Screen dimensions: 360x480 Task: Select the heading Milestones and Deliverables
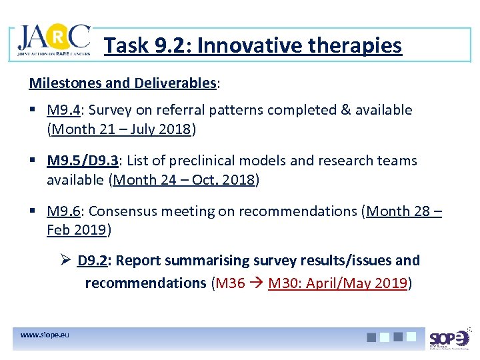point(123,83)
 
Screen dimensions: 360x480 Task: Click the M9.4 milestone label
point(63,110)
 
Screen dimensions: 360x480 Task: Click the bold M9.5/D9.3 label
point(83,161)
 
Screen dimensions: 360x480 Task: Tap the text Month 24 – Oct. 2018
point(185,180)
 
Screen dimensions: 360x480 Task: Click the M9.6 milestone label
point(63,211)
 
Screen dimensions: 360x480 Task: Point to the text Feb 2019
point(76,231)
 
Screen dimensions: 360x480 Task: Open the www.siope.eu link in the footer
point(44,335)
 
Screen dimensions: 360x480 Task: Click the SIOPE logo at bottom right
point(449,339)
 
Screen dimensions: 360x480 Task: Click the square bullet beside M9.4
point(33,110)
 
